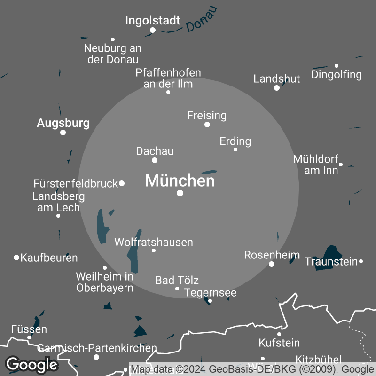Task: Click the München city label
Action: coord(180,181)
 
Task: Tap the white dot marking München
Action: coord(180,193)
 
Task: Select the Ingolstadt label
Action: coord(153,21)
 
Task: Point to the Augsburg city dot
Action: coord(63,133)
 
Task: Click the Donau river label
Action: coord(202,20)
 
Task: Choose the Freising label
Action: coord(207,115)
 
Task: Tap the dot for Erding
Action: coord(235,149)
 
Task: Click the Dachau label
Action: coord(155,151)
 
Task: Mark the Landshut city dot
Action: coord(277,88)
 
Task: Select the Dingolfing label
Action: coord(337,74)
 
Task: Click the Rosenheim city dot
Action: coord(272,264)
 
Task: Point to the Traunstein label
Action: coord(331,261)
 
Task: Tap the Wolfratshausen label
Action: coord(154,242)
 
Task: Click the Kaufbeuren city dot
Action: coord(16,258)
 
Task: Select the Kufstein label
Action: coord(279,343)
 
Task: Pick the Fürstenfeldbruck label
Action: coord(76,183)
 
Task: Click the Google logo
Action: coord(31,364)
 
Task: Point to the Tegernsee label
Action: coord(210,293)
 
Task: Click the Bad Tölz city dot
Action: coord(177,289)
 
